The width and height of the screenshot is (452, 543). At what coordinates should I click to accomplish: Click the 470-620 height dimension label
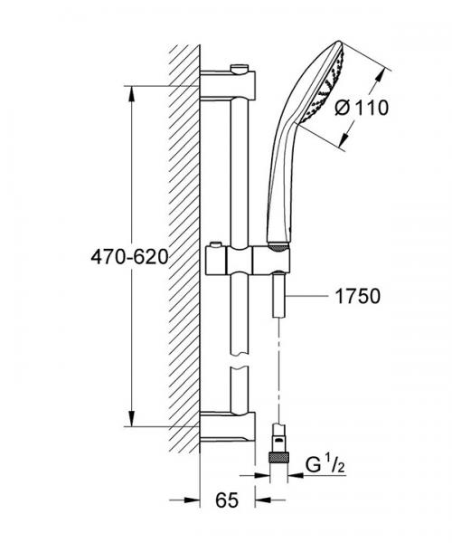coord(129,257)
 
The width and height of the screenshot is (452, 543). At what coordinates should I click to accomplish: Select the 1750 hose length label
coord(356,295)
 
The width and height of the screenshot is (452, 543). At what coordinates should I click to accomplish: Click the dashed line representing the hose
coord(280,362)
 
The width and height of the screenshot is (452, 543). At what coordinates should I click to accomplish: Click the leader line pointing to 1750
coord(312,295)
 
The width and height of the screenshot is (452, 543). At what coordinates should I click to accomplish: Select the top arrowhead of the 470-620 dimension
coord(133,90)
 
